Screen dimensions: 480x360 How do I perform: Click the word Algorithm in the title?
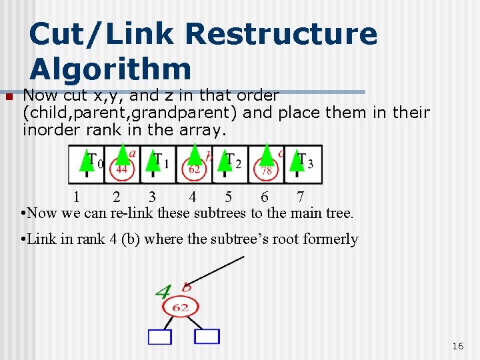pyautogui.click(x=110, y=69)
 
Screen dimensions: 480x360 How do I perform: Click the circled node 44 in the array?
pyautogui.click(x=121, y=169)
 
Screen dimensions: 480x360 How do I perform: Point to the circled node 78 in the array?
pyautogui.click(x=266, y=171)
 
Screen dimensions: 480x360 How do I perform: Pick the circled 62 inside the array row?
pyautogui.click(x=194, y=169)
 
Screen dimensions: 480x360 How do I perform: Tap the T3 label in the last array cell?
pyautogui.click(x=305, y=161)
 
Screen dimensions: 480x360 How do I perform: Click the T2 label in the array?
pyautogui.click(x=233, y=161)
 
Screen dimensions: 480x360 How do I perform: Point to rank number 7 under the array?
pyautogui.click(x=300, y=197)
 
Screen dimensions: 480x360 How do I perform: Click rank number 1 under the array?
pyautogui.click(x=77, y=197)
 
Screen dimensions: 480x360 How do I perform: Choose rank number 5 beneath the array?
pyautogui.click(x=229, y=197)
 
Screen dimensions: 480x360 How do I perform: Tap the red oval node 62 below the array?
pyautogui.click(x=180, y=307)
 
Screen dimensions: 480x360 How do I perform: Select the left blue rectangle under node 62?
pyautogui.click(x=160, y=337)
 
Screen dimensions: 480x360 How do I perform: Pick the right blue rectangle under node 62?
pyautogui.click(x=207, y=336)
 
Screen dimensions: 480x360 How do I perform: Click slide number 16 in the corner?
pyautogui.click(x=457, y=346)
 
